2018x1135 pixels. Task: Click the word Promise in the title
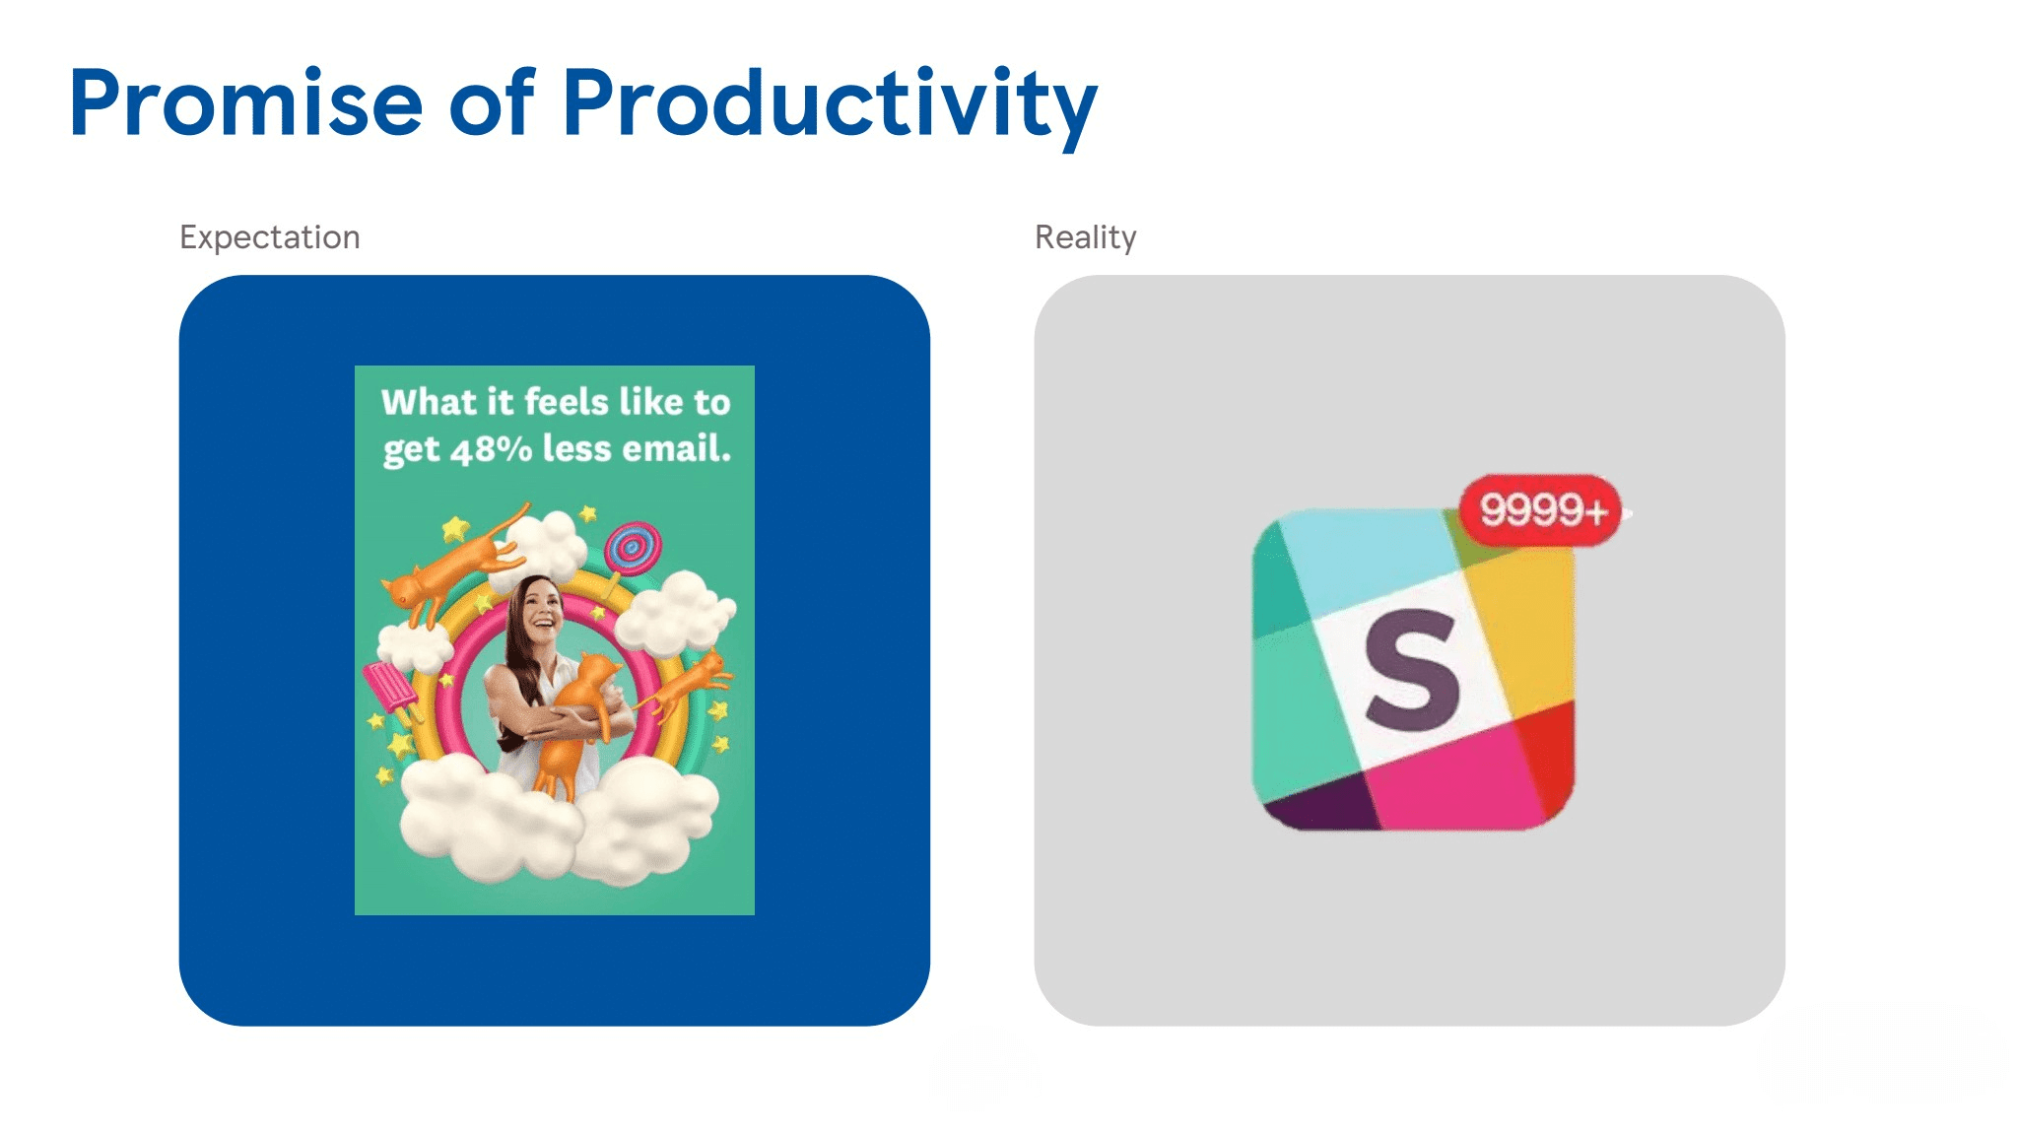coord(246,103)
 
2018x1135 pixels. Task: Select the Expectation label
coord(269,237)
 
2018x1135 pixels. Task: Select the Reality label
coord(1085,237)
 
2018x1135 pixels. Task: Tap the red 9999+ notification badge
coord(1541,510)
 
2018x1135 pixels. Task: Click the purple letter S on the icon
coord(1412,670)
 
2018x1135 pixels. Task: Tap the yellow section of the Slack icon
coord(1522,631)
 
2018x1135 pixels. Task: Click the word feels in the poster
coord(567,402)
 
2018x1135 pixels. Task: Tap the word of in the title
coord(491,103)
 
